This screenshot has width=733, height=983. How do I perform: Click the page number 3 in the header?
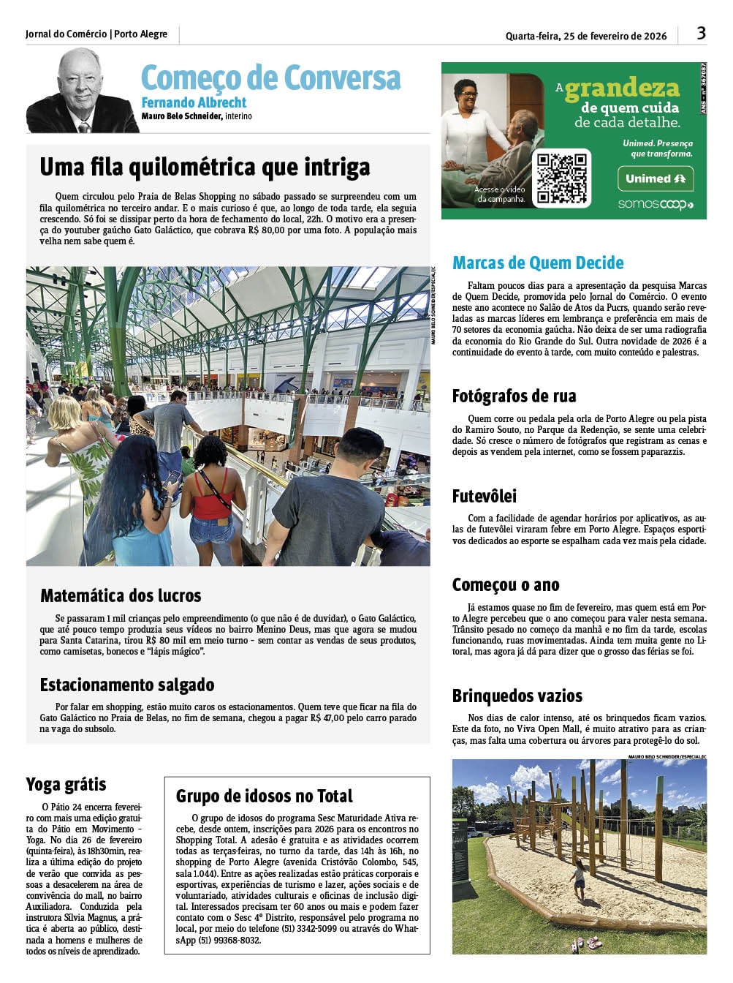click(x=701, y=33)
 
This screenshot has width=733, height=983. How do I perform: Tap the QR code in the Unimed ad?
click(x=561, y=178)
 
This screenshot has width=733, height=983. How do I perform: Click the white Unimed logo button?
click(x=656, y=178)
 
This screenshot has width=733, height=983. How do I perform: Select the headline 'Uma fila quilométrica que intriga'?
click(x=205, y=167)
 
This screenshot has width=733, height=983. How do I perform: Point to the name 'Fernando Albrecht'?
click(x=194, y=103)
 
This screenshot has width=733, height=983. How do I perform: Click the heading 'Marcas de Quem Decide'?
click(x=538, y=263)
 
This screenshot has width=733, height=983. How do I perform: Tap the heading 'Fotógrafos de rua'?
click(x=514, y=396)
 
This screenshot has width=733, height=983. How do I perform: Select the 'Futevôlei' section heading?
click(x=484, y=497)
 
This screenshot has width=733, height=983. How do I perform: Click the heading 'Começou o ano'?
click(x=506, y=585)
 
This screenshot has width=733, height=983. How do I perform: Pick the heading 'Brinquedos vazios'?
click(x=517, y=696)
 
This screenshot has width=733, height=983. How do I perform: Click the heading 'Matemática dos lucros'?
click(x=121, y=595)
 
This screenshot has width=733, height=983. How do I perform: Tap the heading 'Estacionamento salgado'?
click(x=127, y=685)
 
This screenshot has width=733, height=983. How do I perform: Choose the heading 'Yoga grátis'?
click(x=66, y=785)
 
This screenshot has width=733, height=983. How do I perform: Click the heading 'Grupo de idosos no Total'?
click(x=264, y=796)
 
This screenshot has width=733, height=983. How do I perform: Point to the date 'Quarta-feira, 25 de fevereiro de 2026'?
click(x=586, y=36)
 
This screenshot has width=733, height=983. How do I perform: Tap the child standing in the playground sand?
click(x=579, y=881)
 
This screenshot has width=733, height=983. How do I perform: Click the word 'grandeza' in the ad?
click(x=622, y=88)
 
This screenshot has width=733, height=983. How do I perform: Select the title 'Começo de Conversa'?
click(x=270, y=78)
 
